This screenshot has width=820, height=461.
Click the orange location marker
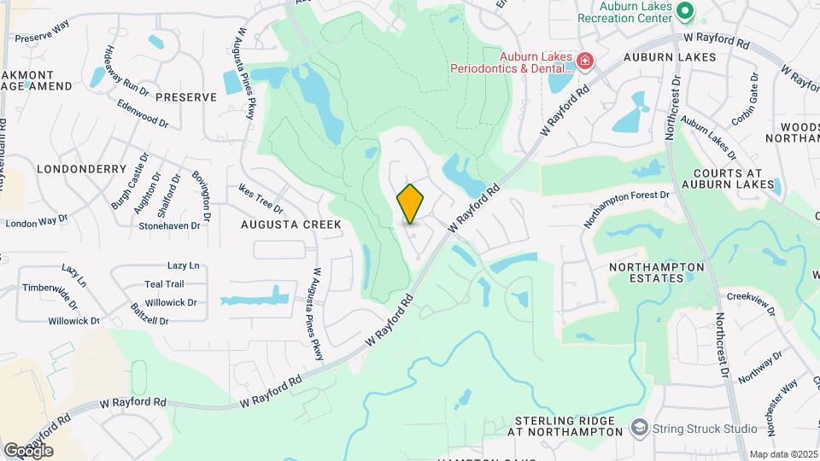click(x=411, y=203)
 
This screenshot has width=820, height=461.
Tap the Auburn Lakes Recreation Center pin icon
click(x=684, y=11)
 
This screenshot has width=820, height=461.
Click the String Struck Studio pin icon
click(x=639, y=427)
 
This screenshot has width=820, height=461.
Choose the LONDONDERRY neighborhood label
click(x=70, y=169)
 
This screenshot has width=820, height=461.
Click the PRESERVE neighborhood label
click(x=187, y=97)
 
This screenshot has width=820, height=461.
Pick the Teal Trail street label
click(x=164, y=284)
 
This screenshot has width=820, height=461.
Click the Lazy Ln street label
click(x=183, y=266)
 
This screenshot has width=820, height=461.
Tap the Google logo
click(x=28, y=450)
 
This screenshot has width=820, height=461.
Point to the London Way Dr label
click(x=36, y=223)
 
